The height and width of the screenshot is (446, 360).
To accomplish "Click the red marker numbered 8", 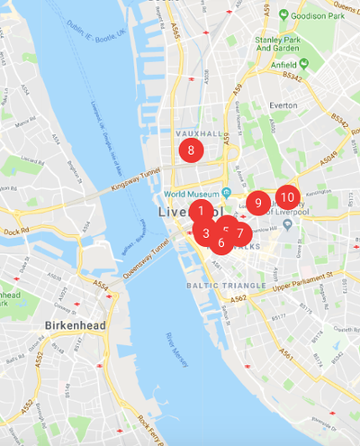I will pyautogui.click(x=191, y=150).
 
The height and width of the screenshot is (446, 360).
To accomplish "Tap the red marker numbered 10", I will pyautogui.click(x=287, y=196).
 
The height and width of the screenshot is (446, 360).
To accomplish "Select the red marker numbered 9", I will pyautogui.click(x=258, y=203).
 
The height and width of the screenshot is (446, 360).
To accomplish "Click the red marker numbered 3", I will pyautogui.click(x=206, y=232).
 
